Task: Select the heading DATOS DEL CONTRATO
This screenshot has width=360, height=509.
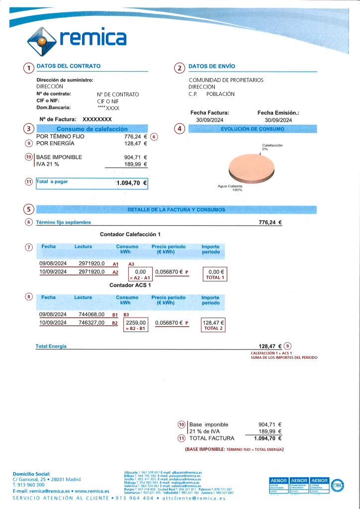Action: [69, 66]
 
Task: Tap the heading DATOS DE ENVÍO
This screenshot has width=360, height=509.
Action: [212, 66]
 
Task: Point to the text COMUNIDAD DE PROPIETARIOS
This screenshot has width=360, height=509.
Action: [226, 80]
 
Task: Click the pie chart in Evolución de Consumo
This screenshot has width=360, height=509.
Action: [251, 168]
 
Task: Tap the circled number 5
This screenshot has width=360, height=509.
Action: [29, 209]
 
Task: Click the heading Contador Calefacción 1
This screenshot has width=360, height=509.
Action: [131, 234]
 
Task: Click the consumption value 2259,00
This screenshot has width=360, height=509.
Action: [136, 323]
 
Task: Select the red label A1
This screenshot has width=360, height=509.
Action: [115, 264]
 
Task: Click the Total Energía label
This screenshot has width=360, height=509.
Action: [51, 346]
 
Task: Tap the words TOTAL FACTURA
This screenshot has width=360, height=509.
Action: [212, 438]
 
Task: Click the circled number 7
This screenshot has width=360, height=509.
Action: [29, 247]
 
